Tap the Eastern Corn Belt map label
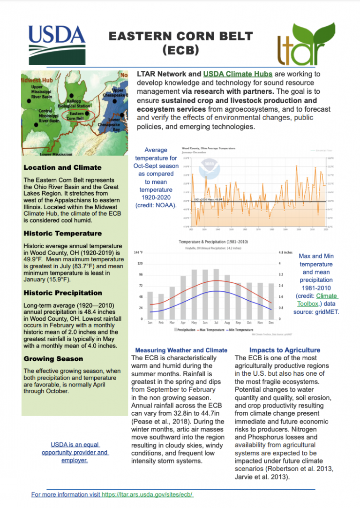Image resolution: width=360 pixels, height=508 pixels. (76, 115)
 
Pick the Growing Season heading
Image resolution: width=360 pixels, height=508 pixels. (53, 359)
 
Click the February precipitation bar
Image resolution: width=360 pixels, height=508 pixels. (161, 306)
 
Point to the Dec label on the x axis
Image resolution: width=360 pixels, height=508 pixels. (270, 323)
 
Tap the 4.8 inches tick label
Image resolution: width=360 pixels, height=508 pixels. (287, 252)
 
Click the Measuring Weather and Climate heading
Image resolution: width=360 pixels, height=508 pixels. (181, 350)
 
